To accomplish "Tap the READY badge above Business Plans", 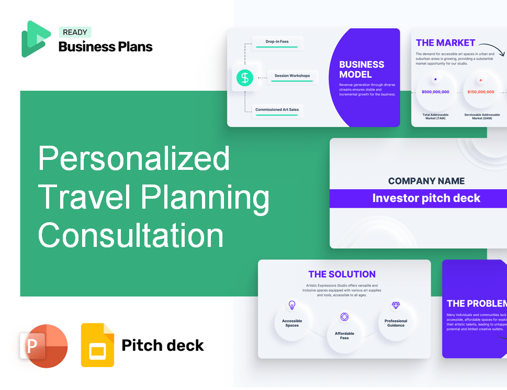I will coord(75,32).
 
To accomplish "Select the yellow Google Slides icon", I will coord(97,345).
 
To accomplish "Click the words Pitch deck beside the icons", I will coord(163,345).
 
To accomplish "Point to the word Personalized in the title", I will coord(134,158).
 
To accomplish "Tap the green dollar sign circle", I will coord(244,78).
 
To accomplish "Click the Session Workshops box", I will coord(292,76).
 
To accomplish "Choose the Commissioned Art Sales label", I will coord(277,110).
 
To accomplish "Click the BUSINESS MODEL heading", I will coord(362,69).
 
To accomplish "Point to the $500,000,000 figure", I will coord(435,92).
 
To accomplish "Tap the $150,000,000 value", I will coord(480,92).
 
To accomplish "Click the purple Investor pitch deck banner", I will coord(426,198).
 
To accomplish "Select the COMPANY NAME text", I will coord(426,181).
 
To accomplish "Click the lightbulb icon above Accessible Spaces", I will coord(292,305).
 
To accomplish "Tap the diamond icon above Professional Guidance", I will coord(396,305).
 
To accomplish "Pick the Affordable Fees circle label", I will coord(344,335).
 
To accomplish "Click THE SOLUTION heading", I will coord(342,274).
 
